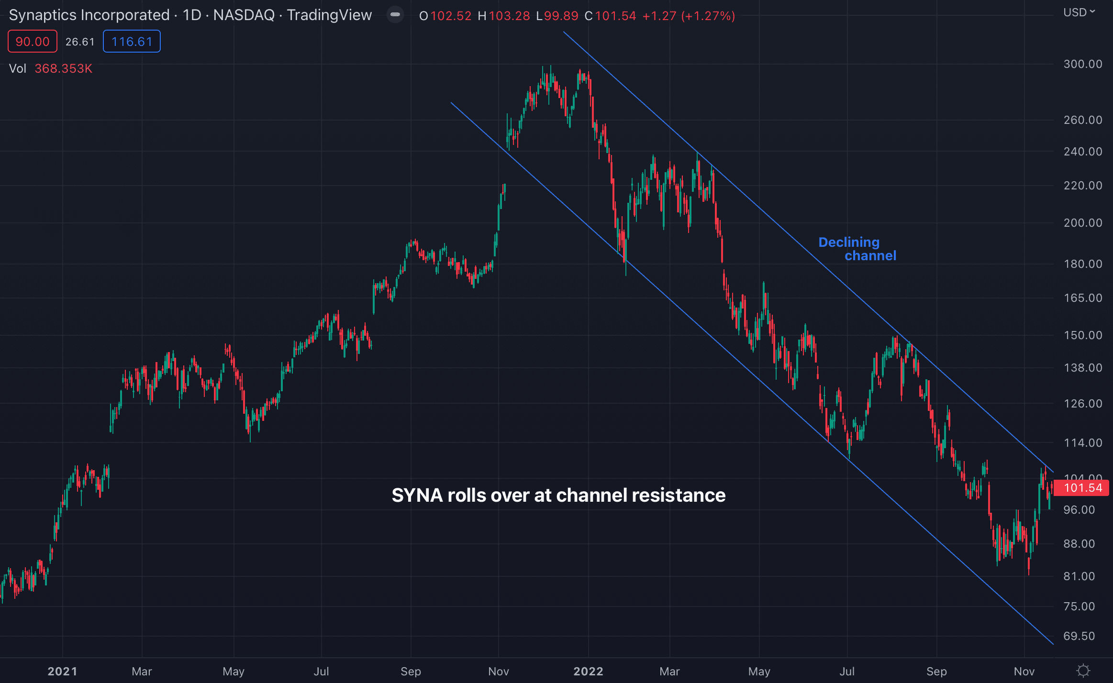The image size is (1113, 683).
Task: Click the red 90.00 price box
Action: [x=33, y=42]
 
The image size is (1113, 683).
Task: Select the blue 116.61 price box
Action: [x=132, y=42]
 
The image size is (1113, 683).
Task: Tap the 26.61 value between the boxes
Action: [x=80, y=42]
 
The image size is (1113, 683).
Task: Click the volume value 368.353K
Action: [x=63, y=69]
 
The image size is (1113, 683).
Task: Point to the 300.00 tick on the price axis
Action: [x=1082, y=64]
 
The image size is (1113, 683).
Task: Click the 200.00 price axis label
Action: [x=1082, y=223]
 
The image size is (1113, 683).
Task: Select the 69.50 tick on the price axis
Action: [x=1079, y=636]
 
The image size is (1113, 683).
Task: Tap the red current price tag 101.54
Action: [x=1082, y=488]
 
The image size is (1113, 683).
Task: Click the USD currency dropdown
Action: [x=1079, y=12]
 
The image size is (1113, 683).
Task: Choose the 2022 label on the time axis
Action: [x=588, y=672]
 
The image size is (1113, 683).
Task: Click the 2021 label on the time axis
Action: [x=62, y=672]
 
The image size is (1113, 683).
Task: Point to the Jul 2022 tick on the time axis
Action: [x=847, y=672]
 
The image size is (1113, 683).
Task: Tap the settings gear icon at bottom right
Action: [x=1083, y=671]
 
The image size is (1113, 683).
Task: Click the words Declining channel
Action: [x=857, y=249]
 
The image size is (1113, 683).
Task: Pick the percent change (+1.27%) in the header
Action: [x=709, y=16]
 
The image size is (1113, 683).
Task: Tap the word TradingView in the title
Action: [x=329, y=15]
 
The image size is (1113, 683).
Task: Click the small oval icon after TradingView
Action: [x=395, y=15]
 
